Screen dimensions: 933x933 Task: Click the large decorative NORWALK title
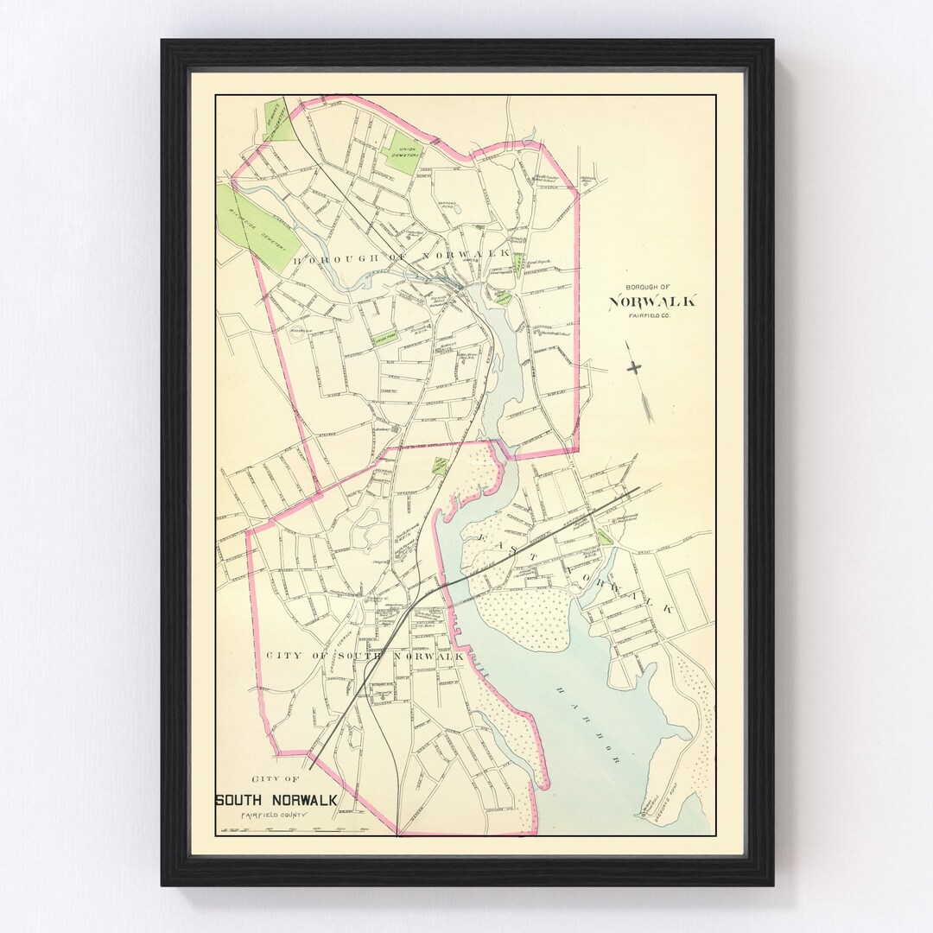[652, 301]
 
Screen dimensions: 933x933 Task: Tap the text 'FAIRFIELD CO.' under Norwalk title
[651, 317]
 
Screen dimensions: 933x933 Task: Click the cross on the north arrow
[635, 367]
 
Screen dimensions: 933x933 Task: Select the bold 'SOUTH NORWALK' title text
[276, 800]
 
